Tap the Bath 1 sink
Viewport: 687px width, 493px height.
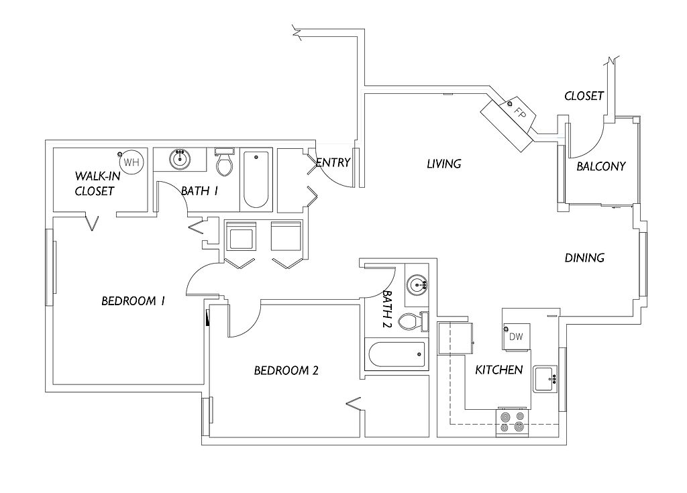[x=180, y=159]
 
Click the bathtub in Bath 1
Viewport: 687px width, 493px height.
[x=256, y=180]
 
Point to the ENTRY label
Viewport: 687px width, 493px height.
[x=333, y=162]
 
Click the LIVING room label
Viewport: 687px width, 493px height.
[x=444, y=164]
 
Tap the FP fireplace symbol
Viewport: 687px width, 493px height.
[x=509, y=124]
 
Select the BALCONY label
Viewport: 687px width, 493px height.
[x=600, y=166]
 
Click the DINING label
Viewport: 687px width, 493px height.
[x=584, y=258]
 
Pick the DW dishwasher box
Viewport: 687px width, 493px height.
[x=516, y=337]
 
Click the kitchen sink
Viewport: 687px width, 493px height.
[x=545, y=379]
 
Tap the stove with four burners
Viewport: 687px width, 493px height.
[x=513, y=422]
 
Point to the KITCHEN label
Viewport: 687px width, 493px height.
[x=499, y=370]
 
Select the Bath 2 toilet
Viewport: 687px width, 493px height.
[x=413, y=322]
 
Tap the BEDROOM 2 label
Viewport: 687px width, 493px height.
[x=286, y=371]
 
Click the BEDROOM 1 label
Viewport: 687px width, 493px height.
[x=134, y=301]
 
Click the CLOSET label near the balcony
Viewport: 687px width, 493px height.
[x=584, y=96]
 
